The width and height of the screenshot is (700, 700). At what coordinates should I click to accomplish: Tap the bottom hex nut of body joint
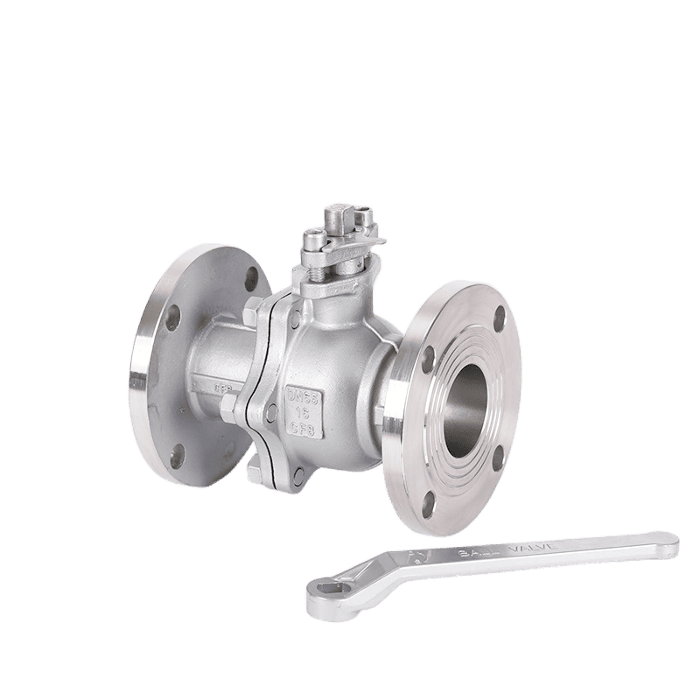[x=255, y=473]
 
